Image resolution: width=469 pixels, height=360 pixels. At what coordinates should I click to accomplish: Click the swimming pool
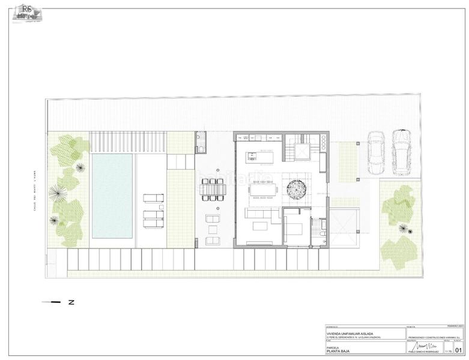[112, 195]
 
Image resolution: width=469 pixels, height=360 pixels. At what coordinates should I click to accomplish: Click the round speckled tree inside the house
[297, 190]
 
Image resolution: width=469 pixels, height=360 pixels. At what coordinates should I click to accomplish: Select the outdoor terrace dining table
[213, 190]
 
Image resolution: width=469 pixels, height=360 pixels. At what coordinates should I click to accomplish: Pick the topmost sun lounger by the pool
[153, 198]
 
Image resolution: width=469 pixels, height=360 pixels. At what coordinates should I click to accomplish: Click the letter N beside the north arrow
[71, 302]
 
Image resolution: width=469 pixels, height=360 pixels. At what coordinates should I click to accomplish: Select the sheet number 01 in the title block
[459, 350]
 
